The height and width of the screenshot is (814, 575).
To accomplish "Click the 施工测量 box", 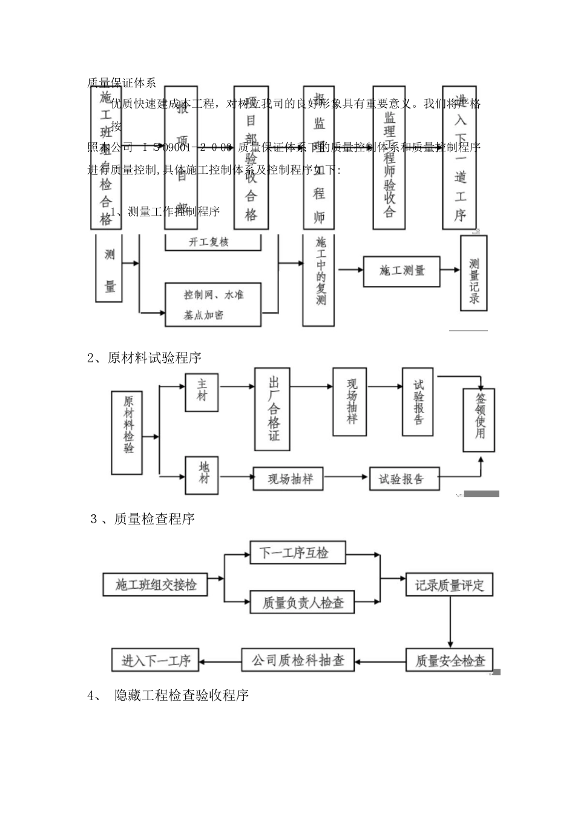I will tap(402, 271).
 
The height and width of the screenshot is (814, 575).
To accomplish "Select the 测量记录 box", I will tap(473, 273).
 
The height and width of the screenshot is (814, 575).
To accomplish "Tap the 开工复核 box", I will tap(213, 242).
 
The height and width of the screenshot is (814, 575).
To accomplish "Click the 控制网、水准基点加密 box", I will tap(213, 305).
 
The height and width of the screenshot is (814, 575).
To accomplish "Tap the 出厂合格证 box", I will tap(272, 409).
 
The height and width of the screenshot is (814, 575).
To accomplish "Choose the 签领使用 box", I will tap(479, 420).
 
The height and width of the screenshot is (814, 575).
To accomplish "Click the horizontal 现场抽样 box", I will tap(289, 478).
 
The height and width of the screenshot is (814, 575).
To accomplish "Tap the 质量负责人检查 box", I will tap(301, 602).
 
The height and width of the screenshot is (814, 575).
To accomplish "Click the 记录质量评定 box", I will tap(449, 585).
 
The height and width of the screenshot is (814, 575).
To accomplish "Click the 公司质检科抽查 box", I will tap(298, 660).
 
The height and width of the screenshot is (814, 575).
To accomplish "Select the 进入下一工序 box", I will tap(156, 660).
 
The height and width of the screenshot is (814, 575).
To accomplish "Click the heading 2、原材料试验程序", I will tap(144, 358).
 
